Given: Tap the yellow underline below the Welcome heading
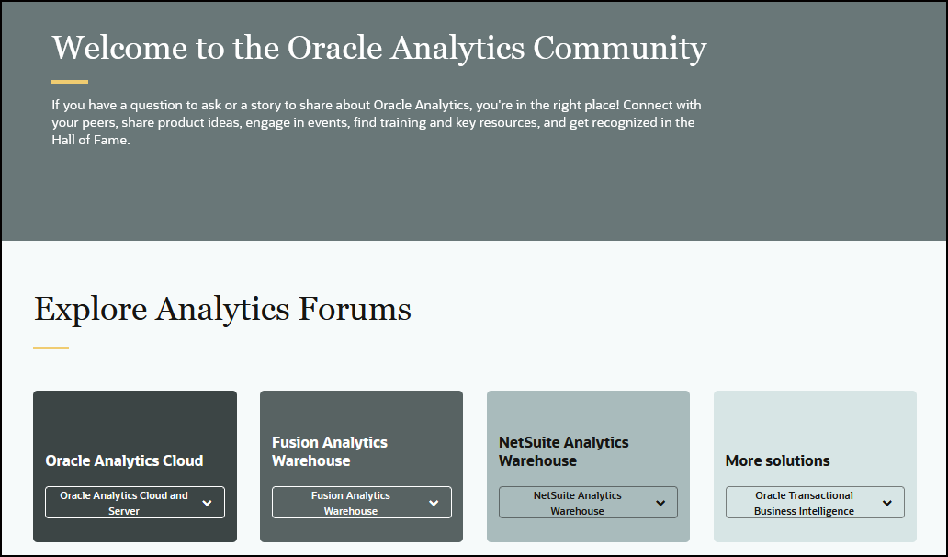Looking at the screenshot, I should [x=70, y=82].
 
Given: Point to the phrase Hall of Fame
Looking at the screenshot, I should [x=91, y=141].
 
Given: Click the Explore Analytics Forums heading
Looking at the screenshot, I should [x=222, y=309].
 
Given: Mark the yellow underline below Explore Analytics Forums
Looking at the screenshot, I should [x=51, y=347].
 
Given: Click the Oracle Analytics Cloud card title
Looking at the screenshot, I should [x=124, y=460].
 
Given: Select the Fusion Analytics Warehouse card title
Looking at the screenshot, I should [x=330, y=451].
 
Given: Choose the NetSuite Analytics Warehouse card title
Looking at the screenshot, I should [x=563, y=451].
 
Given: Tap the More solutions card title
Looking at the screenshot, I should [x=777, y=460].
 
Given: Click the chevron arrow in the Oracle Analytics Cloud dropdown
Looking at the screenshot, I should [x=207, y=503].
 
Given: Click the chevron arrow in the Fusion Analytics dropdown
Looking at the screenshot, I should [x=434, y=503].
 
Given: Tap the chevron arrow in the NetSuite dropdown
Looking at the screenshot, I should [x=660, y=503].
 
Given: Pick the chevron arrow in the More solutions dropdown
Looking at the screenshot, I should [x=887, y=503].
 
